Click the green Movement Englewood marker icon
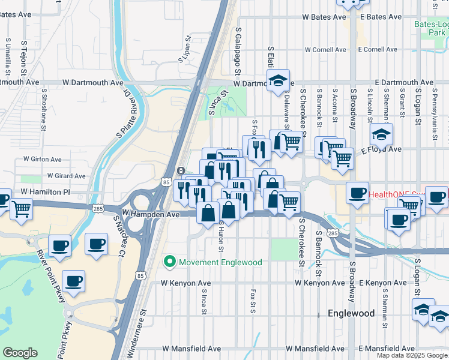coord(170,262)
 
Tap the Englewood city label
coord(351,313)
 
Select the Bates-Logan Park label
coord(430,29)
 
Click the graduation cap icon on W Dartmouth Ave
coord(278,80)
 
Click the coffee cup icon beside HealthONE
coord(358,193)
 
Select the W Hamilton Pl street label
coord(46,191)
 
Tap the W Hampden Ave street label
coord(151,214)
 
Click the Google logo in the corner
coord(20,353)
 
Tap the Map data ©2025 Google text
coord(411,355)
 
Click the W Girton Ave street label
coord(42,160)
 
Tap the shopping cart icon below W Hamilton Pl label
coord(21,209)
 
